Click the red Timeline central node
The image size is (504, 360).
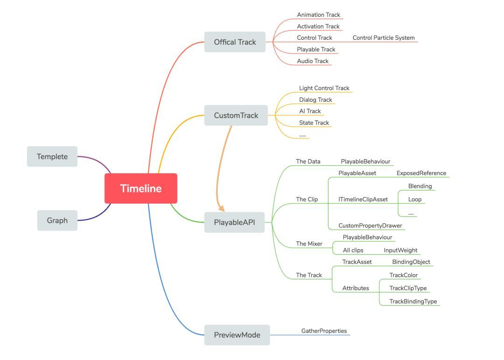coord(140,189)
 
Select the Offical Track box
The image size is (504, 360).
coord(235,42)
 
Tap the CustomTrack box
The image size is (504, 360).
coord(236,115)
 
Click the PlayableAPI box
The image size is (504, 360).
coord(234,222)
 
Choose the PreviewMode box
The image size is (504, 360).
coord(237,335)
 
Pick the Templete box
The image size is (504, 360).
coord(52,156)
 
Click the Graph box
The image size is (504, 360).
coord(57,220)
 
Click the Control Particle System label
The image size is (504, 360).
coord(383,38)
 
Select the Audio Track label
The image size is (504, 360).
coord(313,61)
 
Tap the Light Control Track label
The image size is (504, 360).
coord(324,88)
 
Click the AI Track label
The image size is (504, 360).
coord(310,111)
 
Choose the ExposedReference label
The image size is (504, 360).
coord(421,173)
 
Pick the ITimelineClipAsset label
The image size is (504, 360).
coord(363,199)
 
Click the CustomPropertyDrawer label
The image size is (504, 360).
coord(370,226)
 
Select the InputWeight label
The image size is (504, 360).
coord(400,250)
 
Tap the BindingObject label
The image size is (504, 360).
coord(411,262)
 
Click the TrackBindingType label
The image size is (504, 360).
coord(413,302)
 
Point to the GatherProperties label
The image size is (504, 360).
coord(324,331)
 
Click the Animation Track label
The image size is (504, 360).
coord(319,15)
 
